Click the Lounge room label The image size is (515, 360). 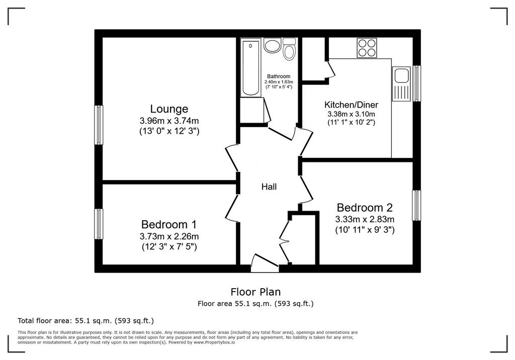tap(169, 109)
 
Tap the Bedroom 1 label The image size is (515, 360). tap(169, 225)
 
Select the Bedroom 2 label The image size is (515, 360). tap(365, 208)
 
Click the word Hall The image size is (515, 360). tap(269, 187)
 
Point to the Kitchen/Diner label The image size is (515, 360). tap(351, 105)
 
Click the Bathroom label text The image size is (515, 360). tap(279, 76)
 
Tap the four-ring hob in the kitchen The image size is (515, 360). tap(367, 48)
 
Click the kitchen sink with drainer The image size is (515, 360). tap(401, 84)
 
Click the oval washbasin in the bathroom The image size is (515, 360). tap(272, 46)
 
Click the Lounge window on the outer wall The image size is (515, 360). tap(99, 125)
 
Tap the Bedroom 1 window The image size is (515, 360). tap(99, 224)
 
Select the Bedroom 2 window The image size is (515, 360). tap(416, 205)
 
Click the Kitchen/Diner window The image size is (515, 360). tap(416, 83)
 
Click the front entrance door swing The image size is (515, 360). tap(265, 262)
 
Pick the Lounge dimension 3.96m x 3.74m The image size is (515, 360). tap(169, 121)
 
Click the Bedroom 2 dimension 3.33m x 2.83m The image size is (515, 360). tap(365, 219)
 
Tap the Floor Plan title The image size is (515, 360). tap(255, 292)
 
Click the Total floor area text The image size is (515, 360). tap(85, 321)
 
